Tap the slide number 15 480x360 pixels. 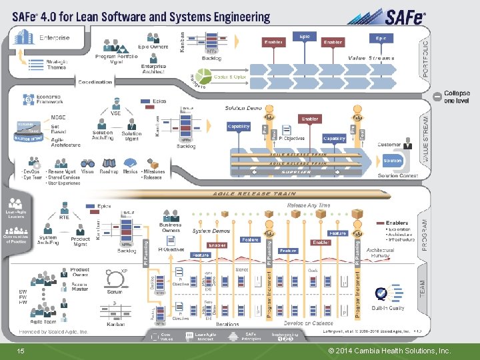tap(20, 350)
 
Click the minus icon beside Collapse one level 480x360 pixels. tap(437, 96)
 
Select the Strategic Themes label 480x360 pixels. tap(56, 64)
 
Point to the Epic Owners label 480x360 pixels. tap(153, 47)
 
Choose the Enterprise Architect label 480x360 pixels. tap(153, 69)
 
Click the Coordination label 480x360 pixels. tap(95, 82)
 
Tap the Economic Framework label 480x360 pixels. tap(49, 99)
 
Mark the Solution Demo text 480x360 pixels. tap(243, 107)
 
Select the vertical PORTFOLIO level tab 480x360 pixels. tap(426, 57)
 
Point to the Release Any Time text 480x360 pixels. tap(308, 205)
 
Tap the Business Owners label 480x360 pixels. tap(171, 228)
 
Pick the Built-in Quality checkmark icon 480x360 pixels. tap(381, 293)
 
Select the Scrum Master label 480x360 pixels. tap(81, 289)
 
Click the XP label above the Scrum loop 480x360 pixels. tap(124, 271)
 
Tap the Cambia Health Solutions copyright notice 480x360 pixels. tap(390, 350)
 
